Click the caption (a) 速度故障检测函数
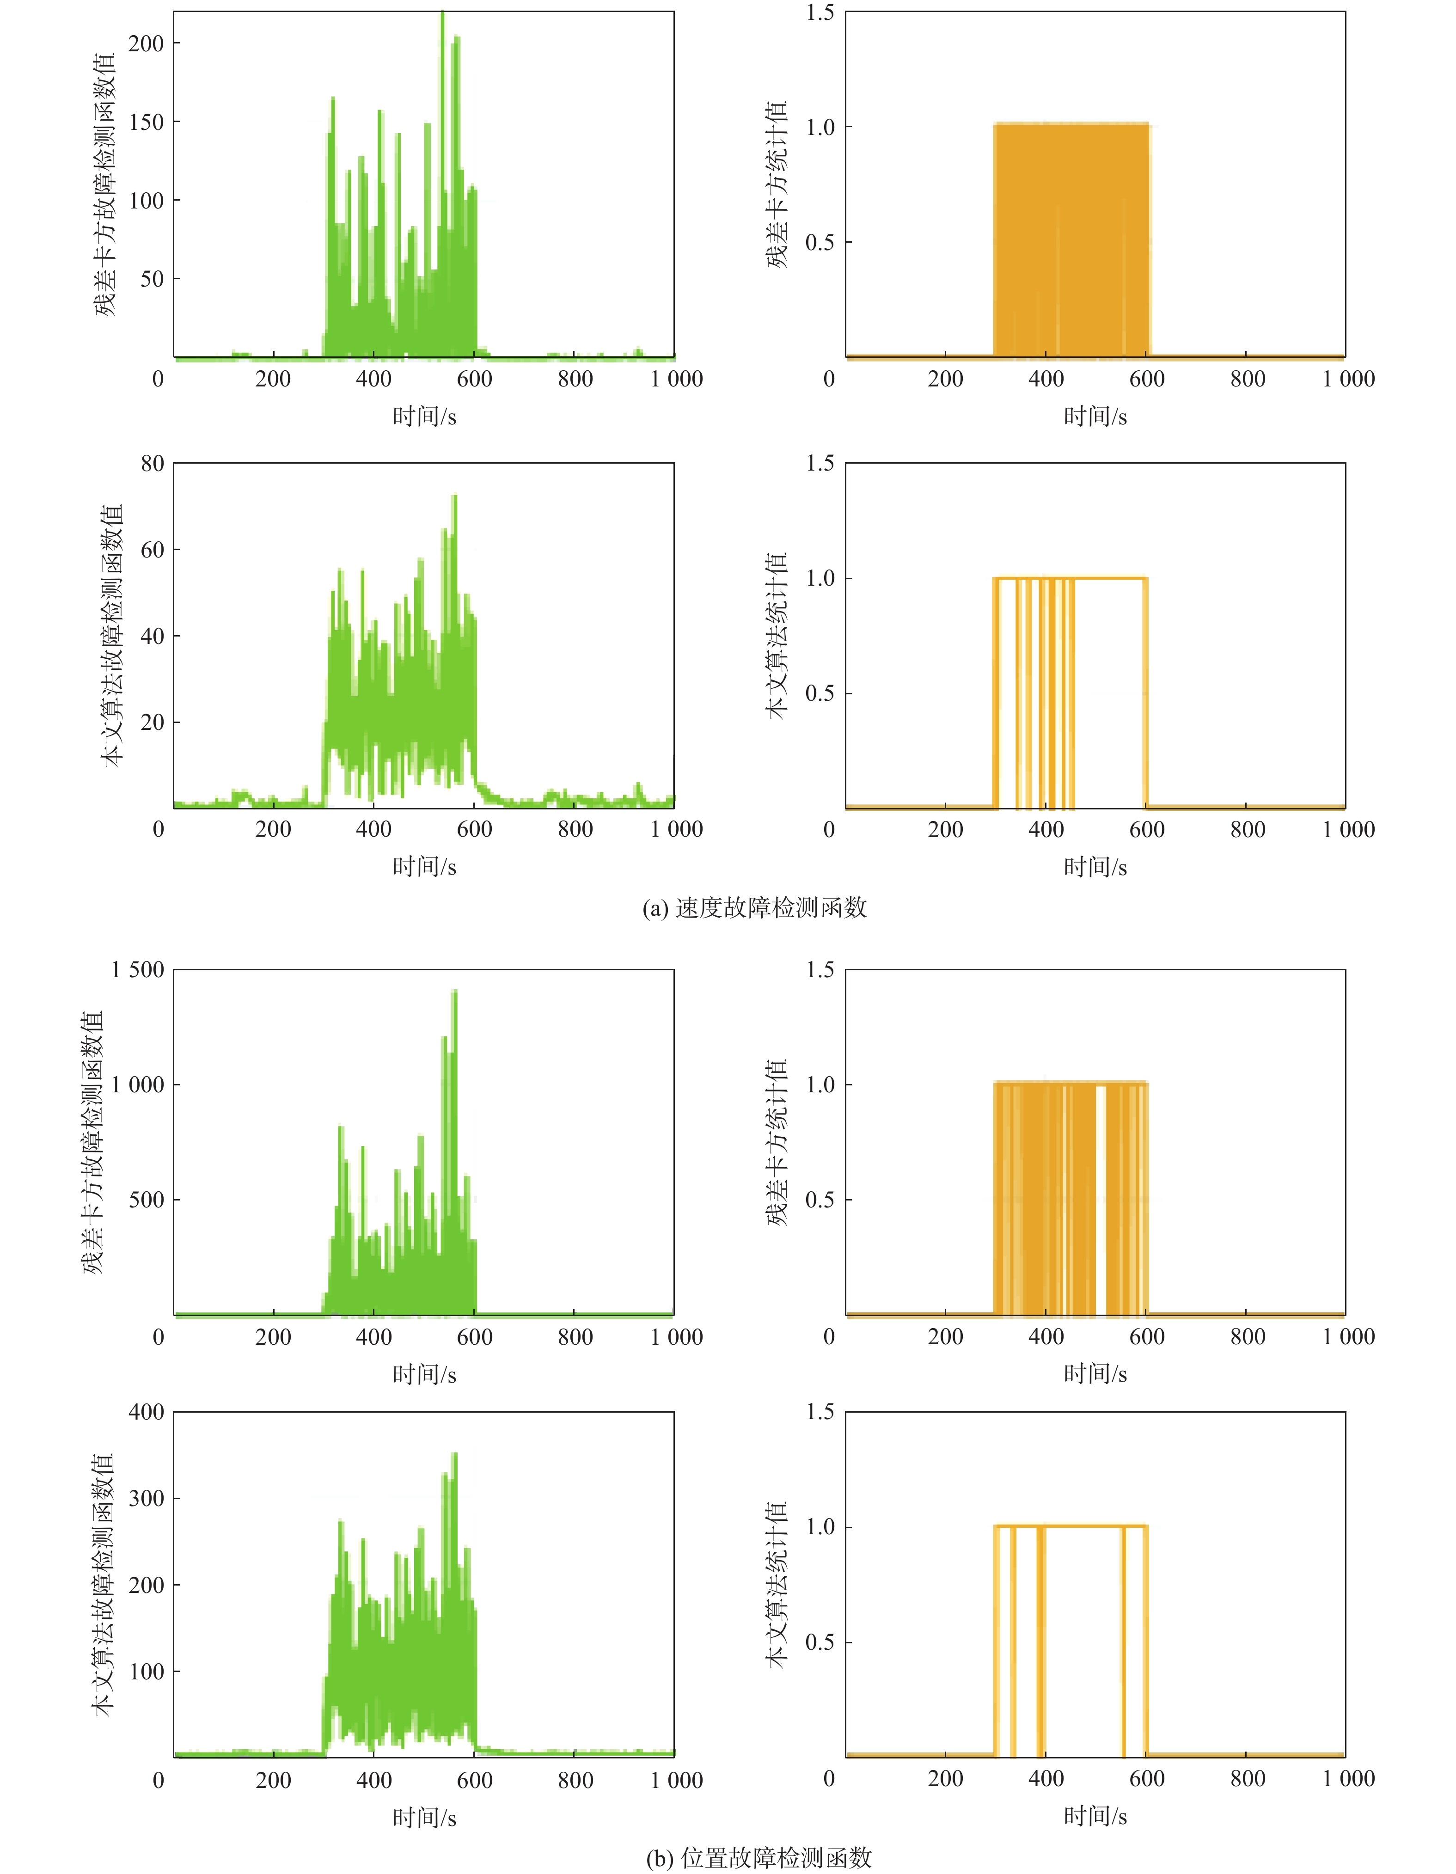[754, 908]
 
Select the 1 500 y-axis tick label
[137, 970]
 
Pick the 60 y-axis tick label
[152, 550]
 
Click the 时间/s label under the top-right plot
[1095, 417]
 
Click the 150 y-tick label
[146, 122]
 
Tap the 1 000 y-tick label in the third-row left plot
[137, 1084]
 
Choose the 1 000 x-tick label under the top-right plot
[1348, 379]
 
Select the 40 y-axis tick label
[152, 636]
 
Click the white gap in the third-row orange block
[1101, 1201]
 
